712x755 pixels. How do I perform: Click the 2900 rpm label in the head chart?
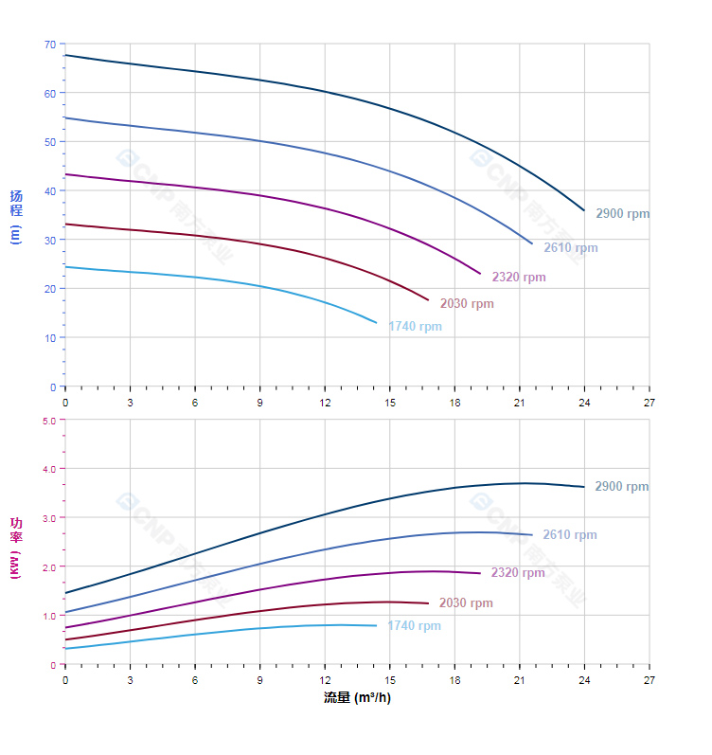click(x=623, y=214)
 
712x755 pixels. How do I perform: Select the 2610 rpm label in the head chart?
click(x=571, y=248)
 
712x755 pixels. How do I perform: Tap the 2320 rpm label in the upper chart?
click(x=519, y=278)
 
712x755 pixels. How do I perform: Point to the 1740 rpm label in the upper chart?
click(x=415, y=327)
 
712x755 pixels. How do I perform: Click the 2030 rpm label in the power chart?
click(x=466, y=603)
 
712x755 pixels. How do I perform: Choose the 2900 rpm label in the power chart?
click(x=622, y=487)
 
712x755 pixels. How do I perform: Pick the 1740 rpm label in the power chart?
click(x=414, y=626)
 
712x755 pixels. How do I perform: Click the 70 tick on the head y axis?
click(x=49, y=45)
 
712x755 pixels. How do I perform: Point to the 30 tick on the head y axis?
click(x=49, y=240)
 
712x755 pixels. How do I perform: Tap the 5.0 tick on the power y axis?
click(x=48, y=420)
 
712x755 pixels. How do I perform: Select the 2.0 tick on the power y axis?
click(x=48, y=566)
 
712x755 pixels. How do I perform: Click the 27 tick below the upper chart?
click(x=650, y=402)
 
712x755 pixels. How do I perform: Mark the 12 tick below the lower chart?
click(x=325, y=680)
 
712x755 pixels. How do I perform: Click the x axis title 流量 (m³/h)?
click(x=357, y=698)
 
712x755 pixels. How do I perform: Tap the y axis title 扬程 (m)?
click(x=16, y=216)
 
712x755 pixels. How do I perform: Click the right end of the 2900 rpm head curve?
click(x=584, y=210)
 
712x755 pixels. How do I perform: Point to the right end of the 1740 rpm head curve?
click(x=376, y=323)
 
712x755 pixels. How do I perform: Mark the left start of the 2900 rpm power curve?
click(x=65, y=593)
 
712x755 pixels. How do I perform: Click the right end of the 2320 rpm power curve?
click(x=480, y=573)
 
